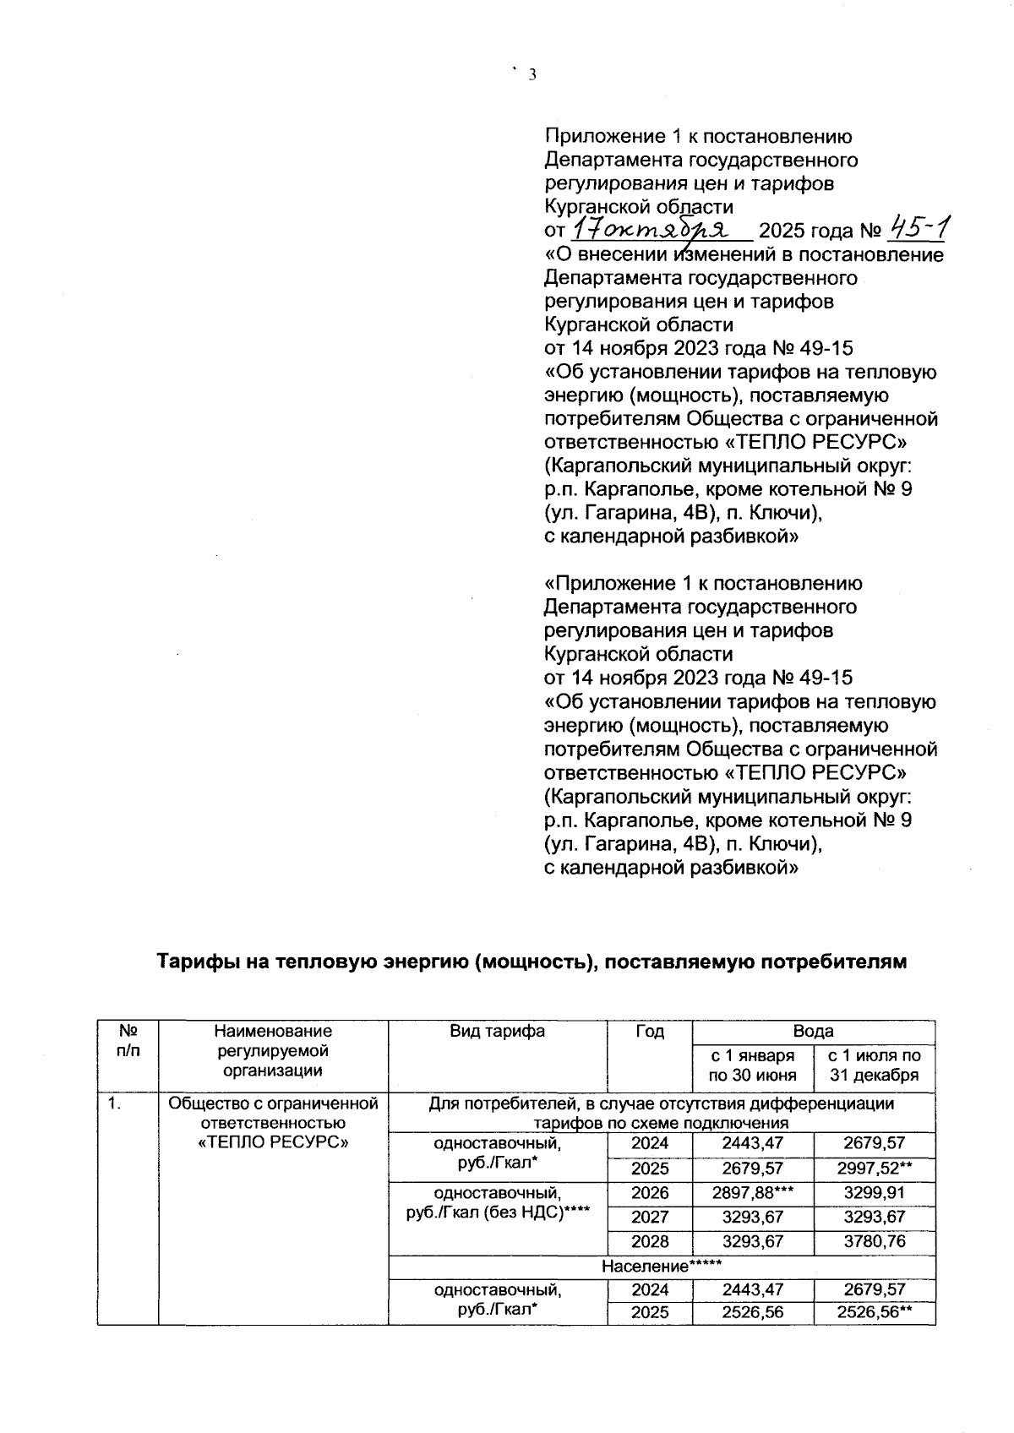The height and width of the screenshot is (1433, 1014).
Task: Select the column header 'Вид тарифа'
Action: point(497,1031)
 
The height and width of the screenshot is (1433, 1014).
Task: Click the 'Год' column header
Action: point(649,1031)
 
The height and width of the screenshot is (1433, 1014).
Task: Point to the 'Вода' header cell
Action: point(813,1031)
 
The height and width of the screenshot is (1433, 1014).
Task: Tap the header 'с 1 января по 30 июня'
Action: point(752,1065)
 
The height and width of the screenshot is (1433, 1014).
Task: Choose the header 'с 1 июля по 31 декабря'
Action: point(874,1065)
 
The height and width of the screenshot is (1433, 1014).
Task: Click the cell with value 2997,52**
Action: point(874,1169)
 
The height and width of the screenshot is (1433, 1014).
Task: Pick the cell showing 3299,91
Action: point(874,1193)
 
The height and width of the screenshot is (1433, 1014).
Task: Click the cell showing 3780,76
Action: point(874,1241)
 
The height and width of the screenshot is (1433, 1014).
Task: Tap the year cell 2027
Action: point(649,1217)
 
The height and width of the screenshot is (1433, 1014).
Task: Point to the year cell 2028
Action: point(649,1241)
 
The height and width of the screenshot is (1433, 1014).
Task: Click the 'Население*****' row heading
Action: point(661,1267)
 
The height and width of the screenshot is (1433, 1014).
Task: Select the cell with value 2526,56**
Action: point(874,1312)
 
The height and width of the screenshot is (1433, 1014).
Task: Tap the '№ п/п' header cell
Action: point(128,1040)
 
